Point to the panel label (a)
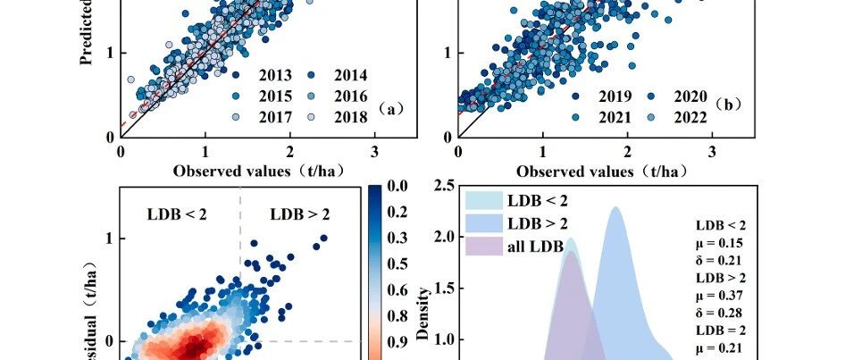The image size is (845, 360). [x=390, y=109]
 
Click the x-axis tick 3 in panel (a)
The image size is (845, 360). [x=374, y=151]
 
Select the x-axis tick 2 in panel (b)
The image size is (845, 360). [x=627, y=151]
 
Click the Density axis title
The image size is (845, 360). [x=428, y=305]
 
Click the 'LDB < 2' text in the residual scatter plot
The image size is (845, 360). [x=178, y=213]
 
